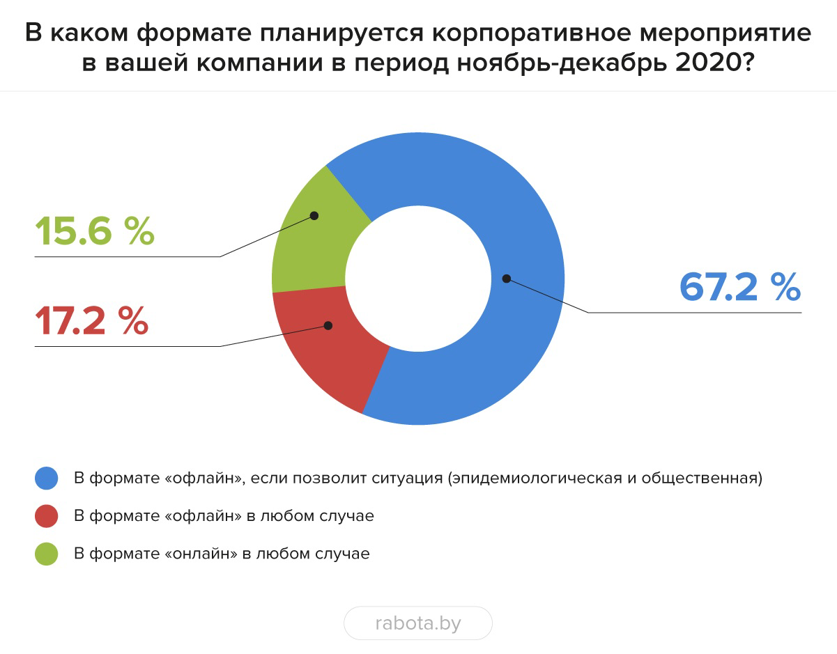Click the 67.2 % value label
point(739,286)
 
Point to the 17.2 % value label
point(91,320)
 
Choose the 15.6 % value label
point(94,231)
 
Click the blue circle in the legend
point(46,478)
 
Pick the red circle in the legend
point(46,516)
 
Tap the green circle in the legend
point(46,554)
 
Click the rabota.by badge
point(418,623)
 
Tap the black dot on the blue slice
point(506,279)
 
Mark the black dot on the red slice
point(328,325)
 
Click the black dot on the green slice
point(314,215)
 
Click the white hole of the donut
point(418,279)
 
